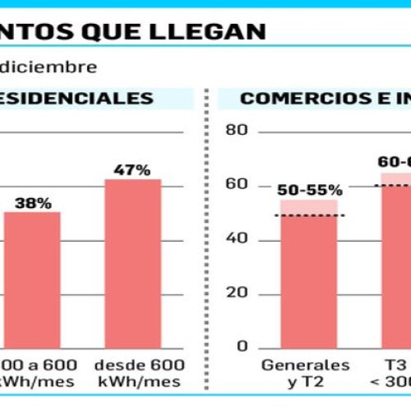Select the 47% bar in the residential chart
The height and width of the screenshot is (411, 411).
[x=132, y=263]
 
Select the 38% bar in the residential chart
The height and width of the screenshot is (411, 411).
[x=32, y=279]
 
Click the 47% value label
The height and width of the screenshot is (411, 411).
[x=132, y=170]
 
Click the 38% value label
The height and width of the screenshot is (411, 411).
[x=33, y=202]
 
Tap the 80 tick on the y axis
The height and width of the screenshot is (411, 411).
[x=237, y=131]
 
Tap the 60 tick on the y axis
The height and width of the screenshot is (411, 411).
[x=237, y=185]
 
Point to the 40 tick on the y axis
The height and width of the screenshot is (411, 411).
[x=237, y=239]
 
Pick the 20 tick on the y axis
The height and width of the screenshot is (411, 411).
[x=237, y=293]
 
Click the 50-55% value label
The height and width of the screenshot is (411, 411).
[x=308, y=190]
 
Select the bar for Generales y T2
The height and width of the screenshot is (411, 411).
[x=308, y=279]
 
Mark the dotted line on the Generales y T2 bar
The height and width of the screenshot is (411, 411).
[x=308, y=216]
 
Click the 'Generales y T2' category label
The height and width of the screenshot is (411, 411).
[x=305, y=373]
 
